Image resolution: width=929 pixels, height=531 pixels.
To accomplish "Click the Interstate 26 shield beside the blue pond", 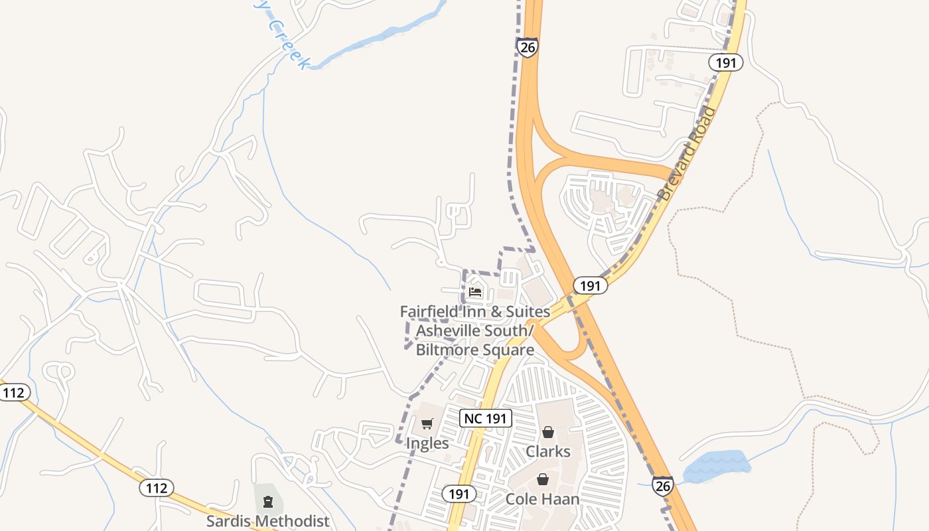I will coord(662,486).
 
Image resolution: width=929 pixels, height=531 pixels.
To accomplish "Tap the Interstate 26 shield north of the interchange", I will coord(526,47).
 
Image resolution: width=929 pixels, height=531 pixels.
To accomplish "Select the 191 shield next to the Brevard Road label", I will coord(725,62).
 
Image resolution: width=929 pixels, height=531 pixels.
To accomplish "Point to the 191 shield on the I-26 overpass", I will coord(589,285).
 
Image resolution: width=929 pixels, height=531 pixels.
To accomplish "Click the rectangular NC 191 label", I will coord(486,418).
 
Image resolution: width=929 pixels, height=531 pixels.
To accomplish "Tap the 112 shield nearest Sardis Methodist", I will coord(157,488).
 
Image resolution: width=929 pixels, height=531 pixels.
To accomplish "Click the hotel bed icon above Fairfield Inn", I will coord(475,291).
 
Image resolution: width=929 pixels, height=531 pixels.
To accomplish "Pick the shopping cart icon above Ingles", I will coord(427,423).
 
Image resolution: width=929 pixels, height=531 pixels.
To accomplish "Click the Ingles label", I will coord(427,443).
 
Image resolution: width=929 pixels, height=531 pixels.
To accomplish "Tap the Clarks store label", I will coord(548,451).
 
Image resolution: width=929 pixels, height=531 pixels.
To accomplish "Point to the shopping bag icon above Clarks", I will coord(548,433).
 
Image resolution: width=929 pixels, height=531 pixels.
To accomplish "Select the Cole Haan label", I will coord(543,499).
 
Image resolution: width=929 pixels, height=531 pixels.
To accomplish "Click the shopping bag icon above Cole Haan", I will coord(543,479).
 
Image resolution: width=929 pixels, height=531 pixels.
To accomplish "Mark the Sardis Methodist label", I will coord(267,520).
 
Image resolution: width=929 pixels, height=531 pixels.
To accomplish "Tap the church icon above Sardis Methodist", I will coord(267,501).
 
